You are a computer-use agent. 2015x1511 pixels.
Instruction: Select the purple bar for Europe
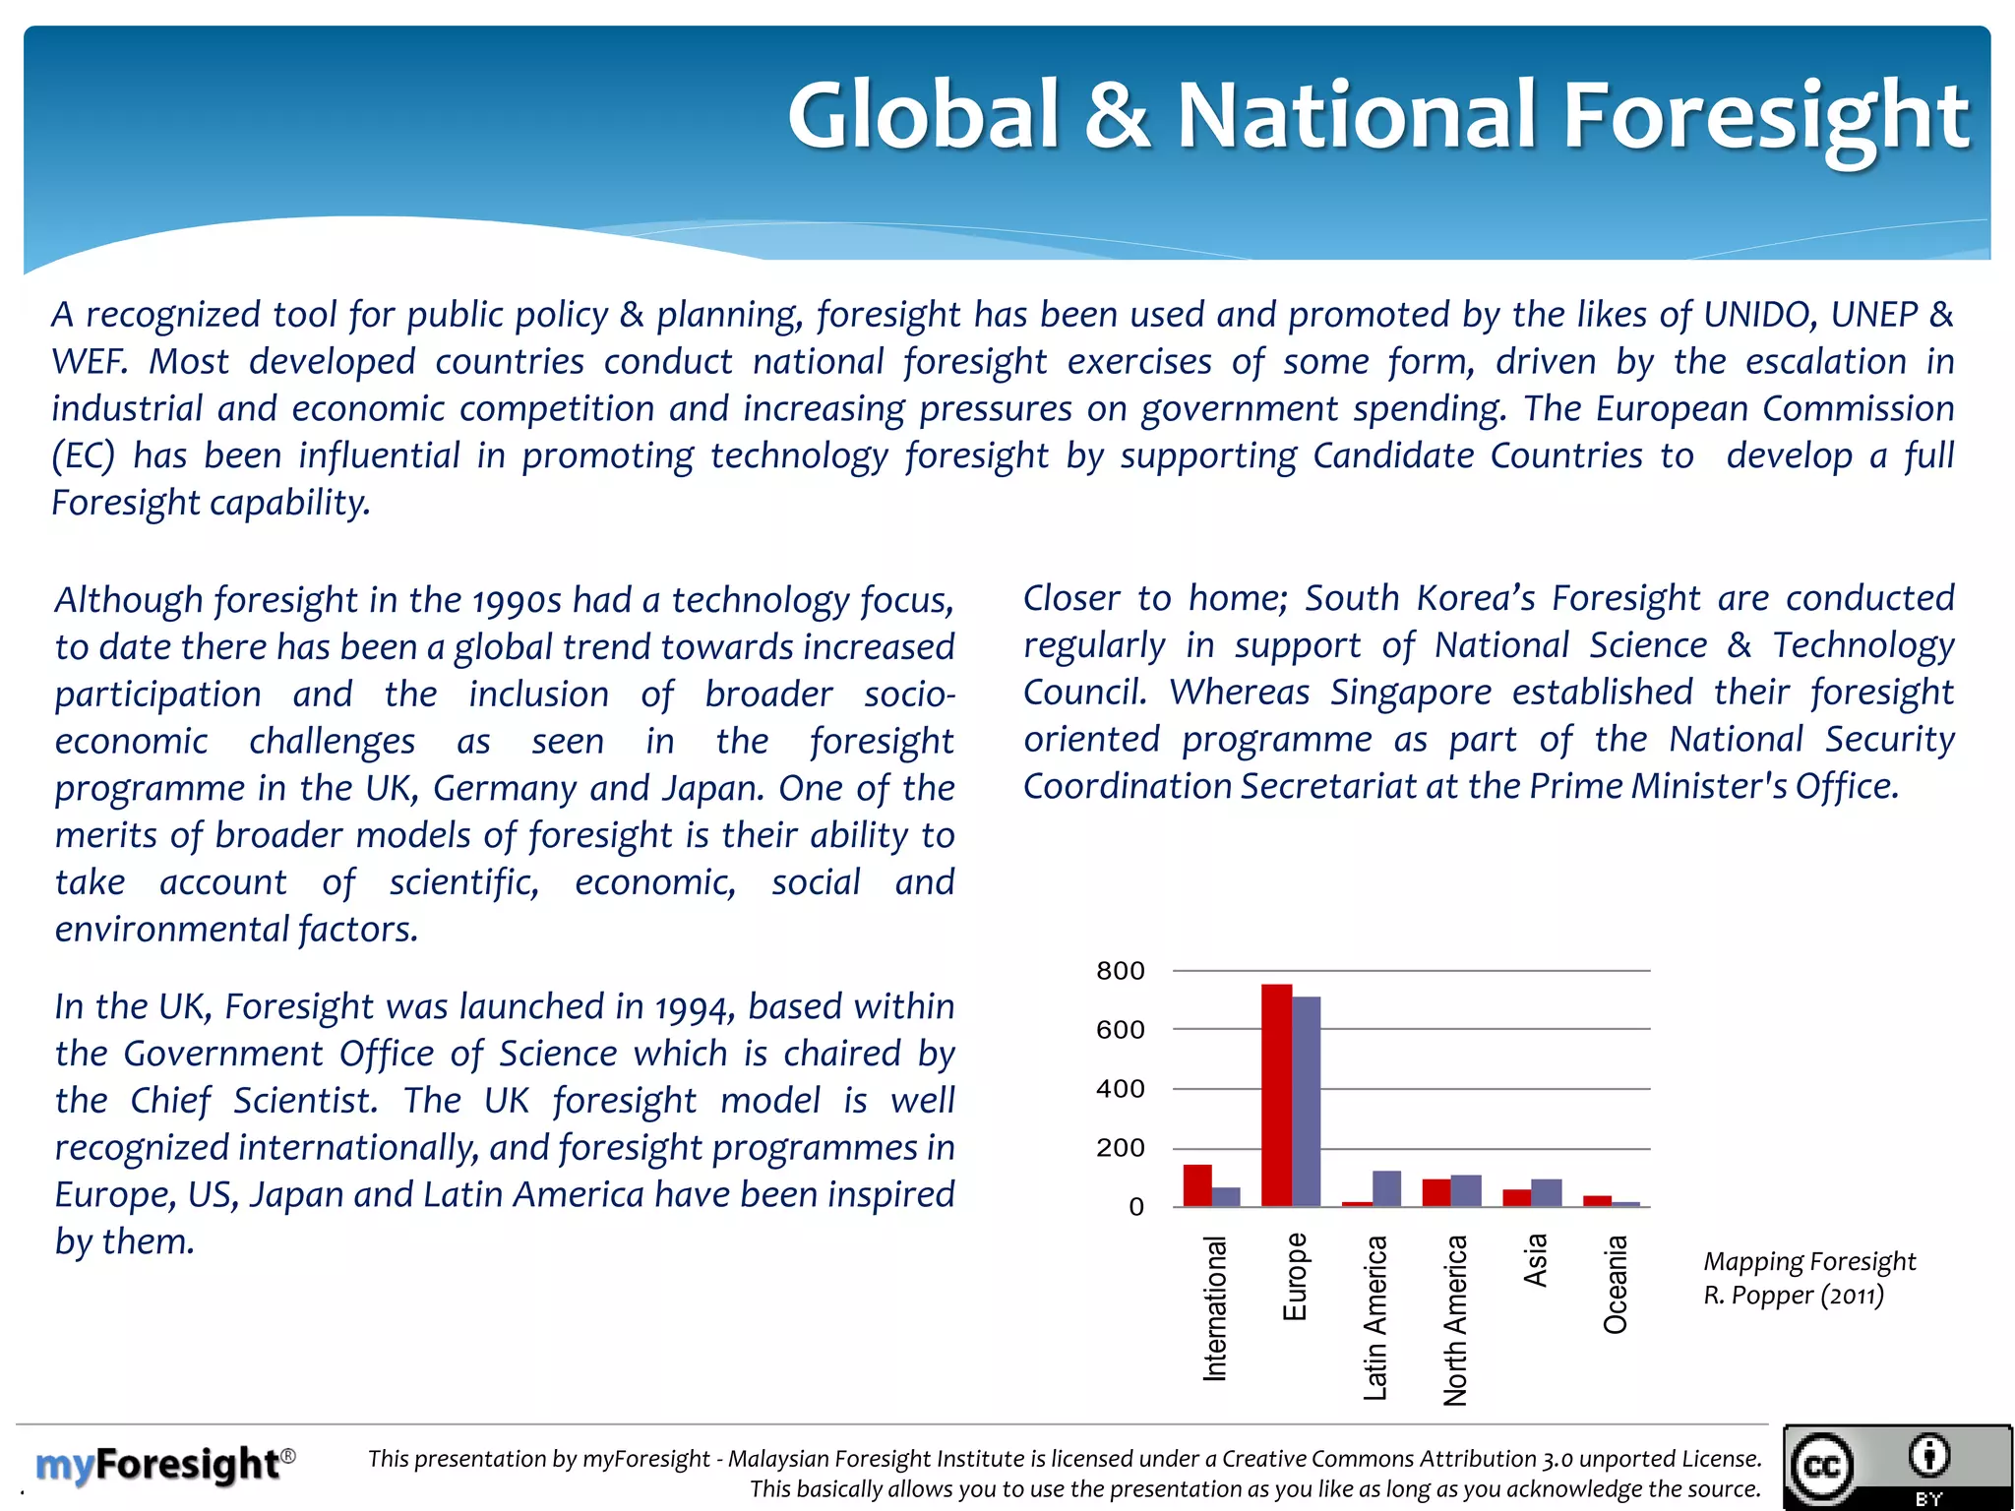(x=1307, y=1102)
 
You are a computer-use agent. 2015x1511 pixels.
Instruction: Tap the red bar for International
(x=1196, y=1185)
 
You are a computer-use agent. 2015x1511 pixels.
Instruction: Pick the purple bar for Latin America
(x=1386, y=1188)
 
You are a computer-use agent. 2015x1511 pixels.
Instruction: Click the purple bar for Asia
(x=1547, y=1192)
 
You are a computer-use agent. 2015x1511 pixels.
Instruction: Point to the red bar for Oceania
(x=1597, y=1201)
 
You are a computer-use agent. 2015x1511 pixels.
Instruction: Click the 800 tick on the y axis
(x=1121, y=971)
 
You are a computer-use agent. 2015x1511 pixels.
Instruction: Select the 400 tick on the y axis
(x=1121, y=1089)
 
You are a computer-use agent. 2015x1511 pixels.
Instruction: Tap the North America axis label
(x=1455, y=1319)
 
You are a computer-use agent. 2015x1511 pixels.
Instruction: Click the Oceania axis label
(x=1616, y=1285)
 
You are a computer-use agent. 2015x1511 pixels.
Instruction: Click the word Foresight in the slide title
(x=1766, y=116)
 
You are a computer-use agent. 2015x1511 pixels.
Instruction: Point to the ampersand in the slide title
(x=1117, y=116)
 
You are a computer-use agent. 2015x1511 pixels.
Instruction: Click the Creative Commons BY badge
(x=1898, y=1467)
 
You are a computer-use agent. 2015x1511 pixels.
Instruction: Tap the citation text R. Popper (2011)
(x=1794, y=1296)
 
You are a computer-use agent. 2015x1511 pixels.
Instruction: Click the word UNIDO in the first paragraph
(x=1759, y=315)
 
